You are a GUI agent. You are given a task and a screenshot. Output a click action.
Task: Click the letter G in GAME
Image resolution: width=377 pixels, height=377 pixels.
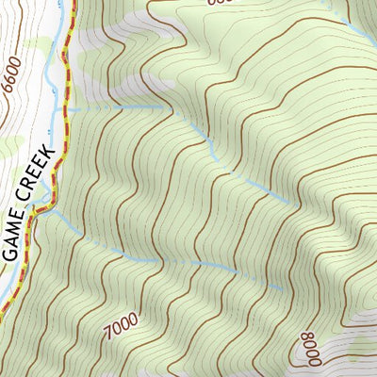pyautogui.click(x=8, y=252)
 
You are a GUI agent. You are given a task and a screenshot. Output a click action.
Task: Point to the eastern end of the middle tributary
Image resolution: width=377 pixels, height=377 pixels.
pyautogui.click(x=288, y=202)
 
